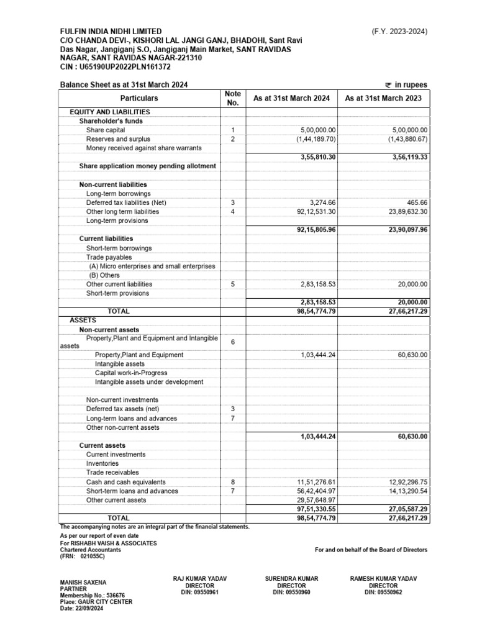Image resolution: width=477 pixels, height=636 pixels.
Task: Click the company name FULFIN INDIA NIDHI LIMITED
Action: (x=111, y=31)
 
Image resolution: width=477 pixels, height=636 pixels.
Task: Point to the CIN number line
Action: (x=115, y=66)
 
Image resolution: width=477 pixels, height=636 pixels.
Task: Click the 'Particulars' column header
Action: (x=139, y=98)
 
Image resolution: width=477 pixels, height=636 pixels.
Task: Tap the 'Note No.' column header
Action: (x=233, y=98)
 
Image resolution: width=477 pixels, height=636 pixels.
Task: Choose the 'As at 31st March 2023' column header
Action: (x=383, y=98)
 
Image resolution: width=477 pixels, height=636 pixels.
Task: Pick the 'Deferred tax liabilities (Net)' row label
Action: (x=126, y=202)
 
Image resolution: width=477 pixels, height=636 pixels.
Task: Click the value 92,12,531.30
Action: (x=313, y=212)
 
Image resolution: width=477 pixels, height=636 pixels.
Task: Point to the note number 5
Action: (x=233, y=284)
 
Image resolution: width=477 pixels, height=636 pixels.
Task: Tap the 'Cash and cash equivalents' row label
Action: (x=126, y=482)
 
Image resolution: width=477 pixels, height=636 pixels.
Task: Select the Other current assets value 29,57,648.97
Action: (x=313, y=500)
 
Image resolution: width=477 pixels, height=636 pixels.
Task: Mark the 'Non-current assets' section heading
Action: (x=109, y=329)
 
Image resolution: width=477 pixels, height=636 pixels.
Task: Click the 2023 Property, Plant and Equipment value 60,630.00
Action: (x=409, y=355)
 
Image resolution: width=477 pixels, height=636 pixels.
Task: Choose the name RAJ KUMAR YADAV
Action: (x=200, y=579)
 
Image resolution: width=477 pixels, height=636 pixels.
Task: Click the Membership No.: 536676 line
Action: (x=92, y=595)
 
